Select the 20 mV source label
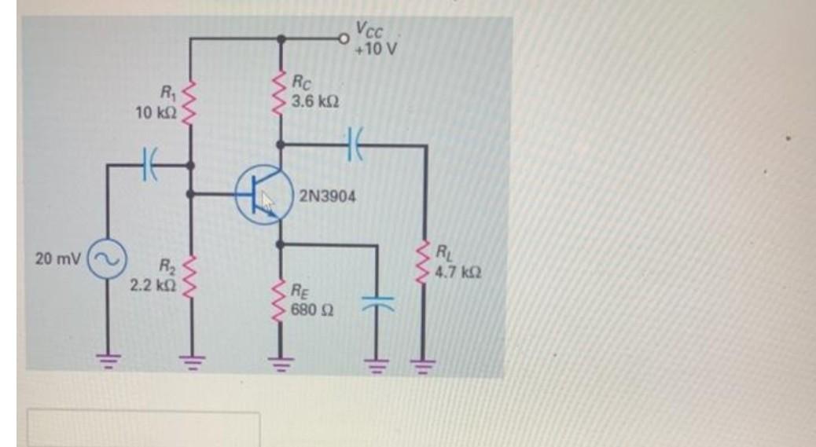pos(57,258)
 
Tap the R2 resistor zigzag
pos(189,270)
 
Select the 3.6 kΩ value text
pos(315,102)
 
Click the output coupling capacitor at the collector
pos(352,145)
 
